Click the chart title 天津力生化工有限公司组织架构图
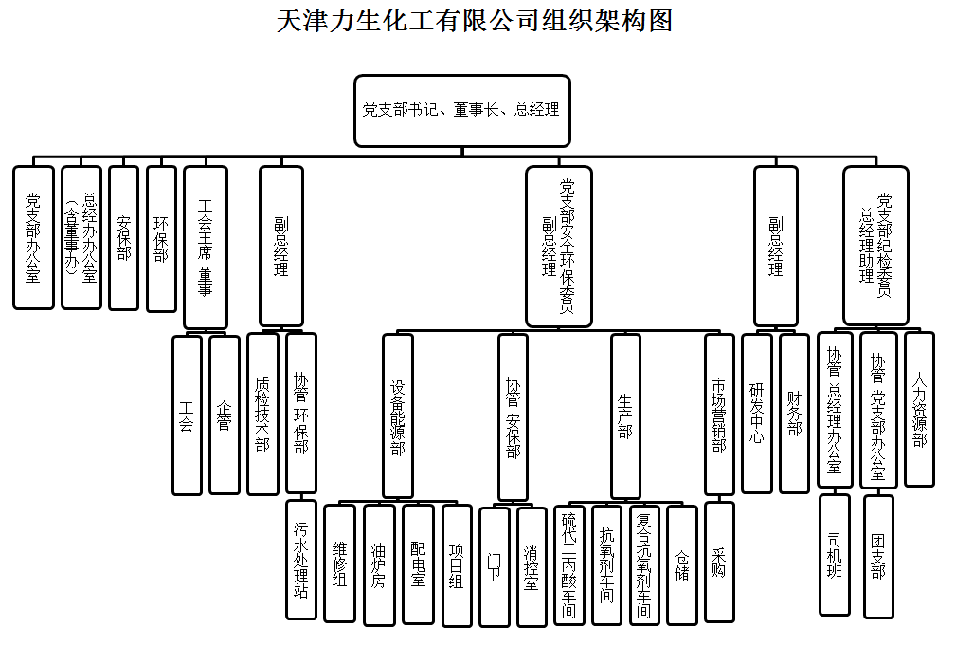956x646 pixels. click(x=475, y=20)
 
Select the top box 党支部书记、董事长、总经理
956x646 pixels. click(x=462, y=110)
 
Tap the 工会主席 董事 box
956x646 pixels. click(x=206, y=247)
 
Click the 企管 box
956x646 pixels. click(x=225, y=415)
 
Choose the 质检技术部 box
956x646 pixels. click(x=262, y=414)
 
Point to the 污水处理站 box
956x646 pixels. click(x=301, y=559)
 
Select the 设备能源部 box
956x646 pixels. click(x=398, y=415)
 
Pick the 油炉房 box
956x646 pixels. click(x=379, y=564)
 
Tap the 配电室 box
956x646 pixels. click(x=418, y=563)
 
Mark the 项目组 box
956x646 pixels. click(x=457, y=565)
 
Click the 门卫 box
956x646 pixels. click(x=494, y=566)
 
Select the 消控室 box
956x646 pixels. click(x=532, y=566)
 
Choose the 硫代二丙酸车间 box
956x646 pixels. click(x=568, y=564)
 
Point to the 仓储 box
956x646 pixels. click(x=682, y=564)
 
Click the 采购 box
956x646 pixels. click(x=719, y=562)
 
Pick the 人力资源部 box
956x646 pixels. click(x=919, y=408)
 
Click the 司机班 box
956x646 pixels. click(x=835, y=554)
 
